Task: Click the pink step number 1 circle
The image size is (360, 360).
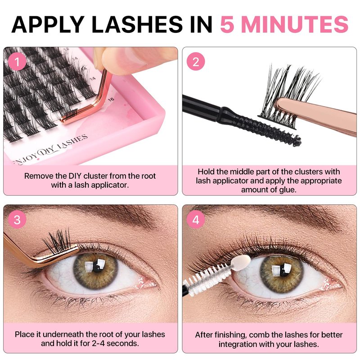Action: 17,62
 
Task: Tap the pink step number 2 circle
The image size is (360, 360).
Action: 196,62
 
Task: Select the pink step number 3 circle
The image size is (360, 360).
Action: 17,220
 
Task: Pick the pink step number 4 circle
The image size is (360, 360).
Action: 196,220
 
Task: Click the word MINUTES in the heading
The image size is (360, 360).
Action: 295,24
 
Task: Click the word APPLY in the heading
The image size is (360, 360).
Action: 48,24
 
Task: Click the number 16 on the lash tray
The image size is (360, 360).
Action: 111,99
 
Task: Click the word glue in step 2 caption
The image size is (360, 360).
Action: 288,189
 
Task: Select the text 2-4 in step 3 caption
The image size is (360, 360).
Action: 99,343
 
